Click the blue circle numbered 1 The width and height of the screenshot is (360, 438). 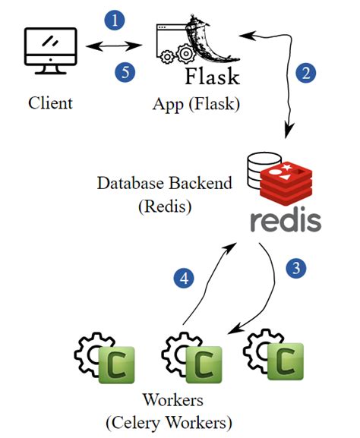(114, 21)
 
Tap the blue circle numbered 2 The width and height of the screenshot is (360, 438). (305, 73)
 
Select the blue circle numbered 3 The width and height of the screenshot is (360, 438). (295, 267)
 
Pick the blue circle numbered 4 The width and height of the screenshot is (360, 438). (182, 279)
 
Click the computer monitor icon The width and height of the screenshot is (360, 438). (50, 52)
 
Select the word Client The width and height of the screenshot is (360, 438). (50, 102)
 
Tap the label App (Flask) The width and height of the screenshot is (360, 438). (196, 103)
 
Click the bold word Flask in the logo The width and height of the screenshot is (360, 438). (212, 77)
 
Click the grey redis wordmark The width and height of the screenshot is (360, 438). (286, 220)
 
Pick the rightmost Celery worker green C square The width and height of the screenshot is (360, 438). (289, 363)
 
